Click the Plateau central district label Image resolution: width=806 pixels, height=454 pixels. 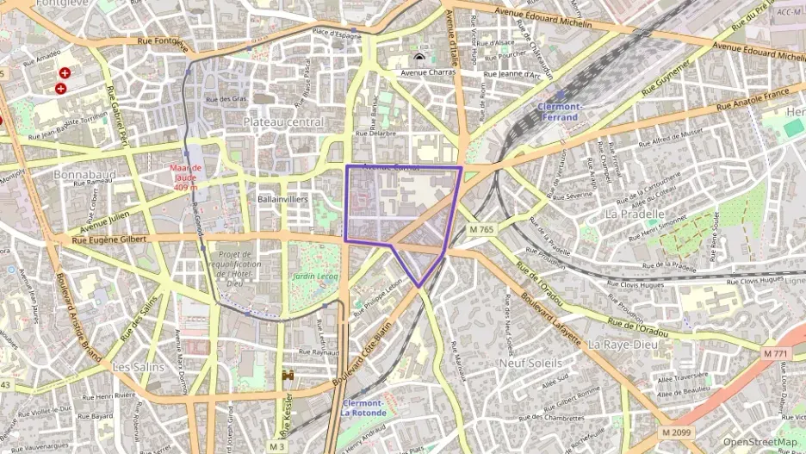click(283, 122)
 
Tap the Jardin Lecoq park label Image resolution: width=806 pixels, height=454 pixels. click(315, 277)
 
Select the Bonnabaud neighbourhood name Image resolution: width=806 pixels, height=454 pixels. click(84, 174)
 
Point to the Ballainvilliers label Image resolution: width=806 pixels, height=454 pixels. click(282, 198)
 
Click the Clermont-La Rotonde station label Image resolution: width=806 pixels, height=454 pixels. click(363, 407)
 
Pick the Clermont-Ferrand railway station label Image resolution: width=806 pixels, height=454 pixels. click(561, 111)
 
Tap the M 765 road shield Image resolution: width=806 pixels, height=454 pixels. click(481, 229)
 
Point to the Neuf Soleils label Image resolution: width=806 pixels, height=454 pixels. click(530, 363)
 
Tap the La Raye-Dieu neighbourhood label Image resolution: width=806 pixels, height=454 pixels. click(622, 343)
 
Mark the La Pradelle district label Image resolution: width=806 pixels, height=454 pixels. click(635, 213)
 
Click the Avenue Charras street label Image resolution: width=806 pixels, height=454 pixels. click(427, 73)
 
